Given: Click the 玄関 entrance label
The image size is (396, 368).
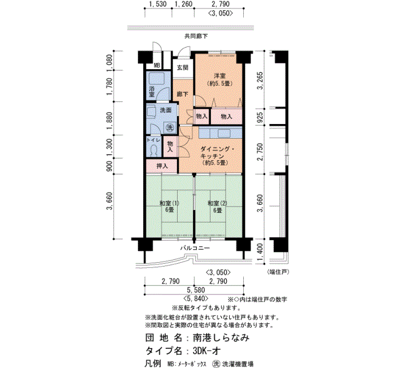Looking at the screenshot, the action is [182, 67].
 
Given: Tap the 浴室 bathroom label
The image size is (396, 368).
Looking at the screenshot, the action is [152, 92].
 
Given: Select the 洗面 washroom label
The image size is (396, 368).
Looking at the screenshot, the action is [166, 110].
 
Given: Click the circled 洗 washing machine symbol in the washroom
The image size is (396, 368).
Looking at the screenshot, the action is [170, 127].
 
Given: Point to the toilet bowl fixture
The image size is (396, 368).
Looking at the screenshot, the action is [153, 151].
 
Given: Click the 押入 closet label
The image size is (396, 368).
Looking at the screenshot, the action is [162, 166].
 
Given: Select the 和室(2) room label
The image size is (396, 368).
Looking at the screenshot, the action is [217, 203].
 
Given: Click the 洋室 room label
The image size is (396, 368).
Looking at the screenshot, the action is [219, 75].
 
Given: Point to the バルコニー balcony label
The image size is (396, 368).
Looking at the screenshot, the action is [195, 248].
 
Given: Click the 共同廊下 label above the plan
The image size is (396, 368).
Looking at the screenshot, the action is [196, 36].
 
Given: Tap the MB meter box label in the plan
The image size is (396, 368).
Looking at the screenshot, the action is [157, 66].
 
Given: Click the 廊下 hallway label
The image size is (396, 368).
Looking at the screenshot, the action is [182, 95].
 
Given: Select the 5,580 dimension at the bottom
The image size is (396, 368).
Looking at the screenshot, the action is [196, 290].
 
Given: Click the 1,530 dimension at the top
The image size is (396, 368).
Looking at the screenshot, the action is [158, 4].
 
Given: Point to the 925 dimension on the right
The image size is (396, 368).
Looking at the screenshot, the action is [260, 117].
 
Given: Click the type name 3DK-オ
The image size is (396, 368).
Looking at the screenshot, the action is [207, 350].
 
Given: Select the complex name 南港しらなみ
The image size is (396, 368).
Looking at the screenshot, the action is [221, 337].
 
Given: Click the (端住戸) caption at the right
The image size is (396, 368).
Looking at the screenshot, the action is [278, 272].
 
